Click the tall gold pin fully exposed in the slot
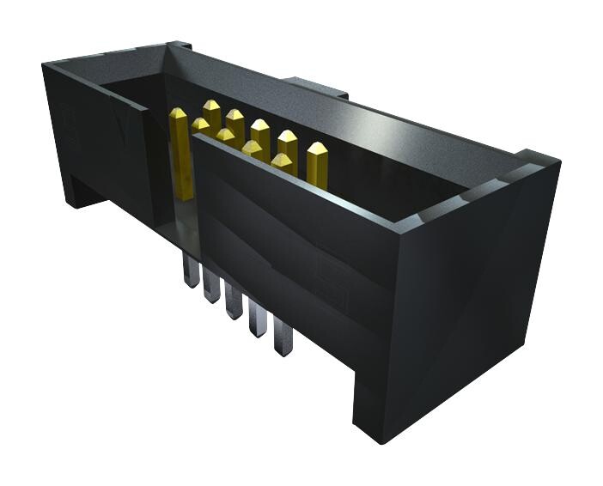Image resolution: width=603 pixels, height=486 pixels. click(180, 155)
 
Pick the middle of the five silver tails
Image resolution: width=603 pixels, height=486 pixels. click(234, 303)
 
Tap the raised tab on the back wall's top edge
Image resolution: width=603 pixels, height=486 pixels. click(315, 86)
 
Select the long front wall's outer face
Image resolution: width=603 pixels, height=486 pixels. click(292, 258)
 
